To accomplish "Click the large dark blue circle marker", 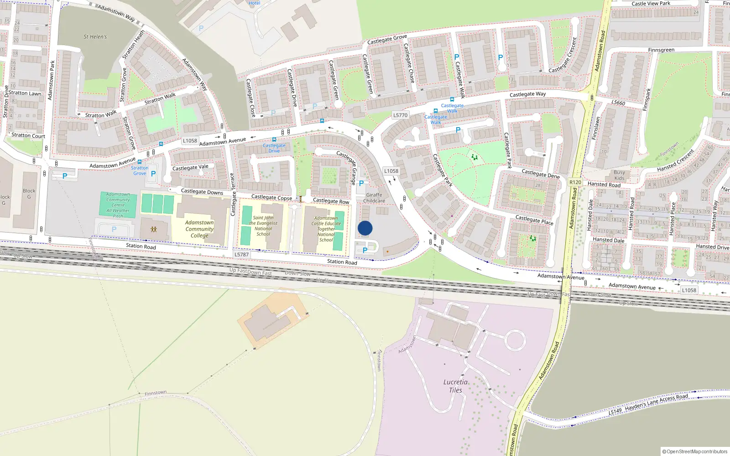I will (x=365, y=228).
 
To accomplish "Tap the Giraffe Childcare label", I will (x=374, y=198).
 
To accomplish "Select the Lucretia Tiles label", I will (x=455, y=386).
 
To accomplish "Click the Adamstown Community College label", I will (x=199, y=229).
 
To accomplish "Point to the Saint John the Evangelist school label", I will (x=263, y=226).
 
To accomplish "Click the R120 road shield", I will (x=575, y=182).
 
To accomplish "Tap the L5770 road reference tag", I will (x=400, y=115).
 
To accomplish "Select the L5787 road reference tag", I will (x=242, y=254).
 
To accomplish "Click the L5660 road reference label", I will (x=618, y=103).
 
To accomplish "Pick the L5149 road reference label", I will (x=615, y=411).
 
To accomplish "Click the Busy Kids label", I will (x=619, y=175).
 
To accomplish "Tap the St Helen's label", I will (x=95, y=37).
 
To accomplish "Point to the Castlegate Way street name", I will (x=527, y=94).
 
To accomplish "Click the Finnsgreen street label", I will (x=661, y=50).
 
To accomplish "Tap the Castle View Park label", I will (x=651, y=4).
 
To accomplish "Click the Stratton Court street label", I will (x=28, y=135).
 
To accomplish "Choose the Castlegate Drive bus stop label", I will (x=274, y=148).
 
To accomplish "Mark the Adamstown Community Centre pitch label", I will (x=118, y=205).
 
